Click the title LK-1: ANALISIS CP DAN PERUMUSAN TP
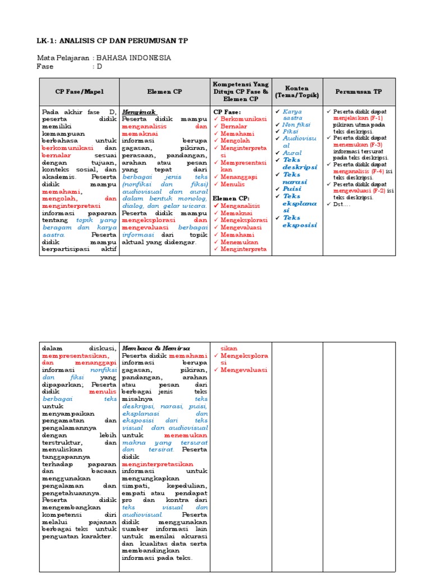click(x=112, y=41)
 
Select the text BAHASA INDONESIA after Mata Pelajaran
click(x=134, y=58)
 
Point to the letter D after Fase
click(x=99, y=66)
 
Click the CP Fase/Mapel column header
click(x=79, y=92)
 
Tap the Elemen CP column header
click(x=164, y=92)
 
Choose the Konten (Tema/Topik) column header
click(x=297, y=92)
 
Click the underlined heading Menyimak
click(x=139, y=112)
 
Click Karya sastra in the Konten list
click(x=292, y=115)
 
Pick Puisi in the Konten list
click(x=292, y=189)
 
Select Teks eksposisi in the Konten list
click(x=300, y=221)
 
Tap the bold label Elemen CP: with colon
click(x=231, y=198)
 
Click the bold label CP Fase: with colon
click(x=226, y=112)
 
